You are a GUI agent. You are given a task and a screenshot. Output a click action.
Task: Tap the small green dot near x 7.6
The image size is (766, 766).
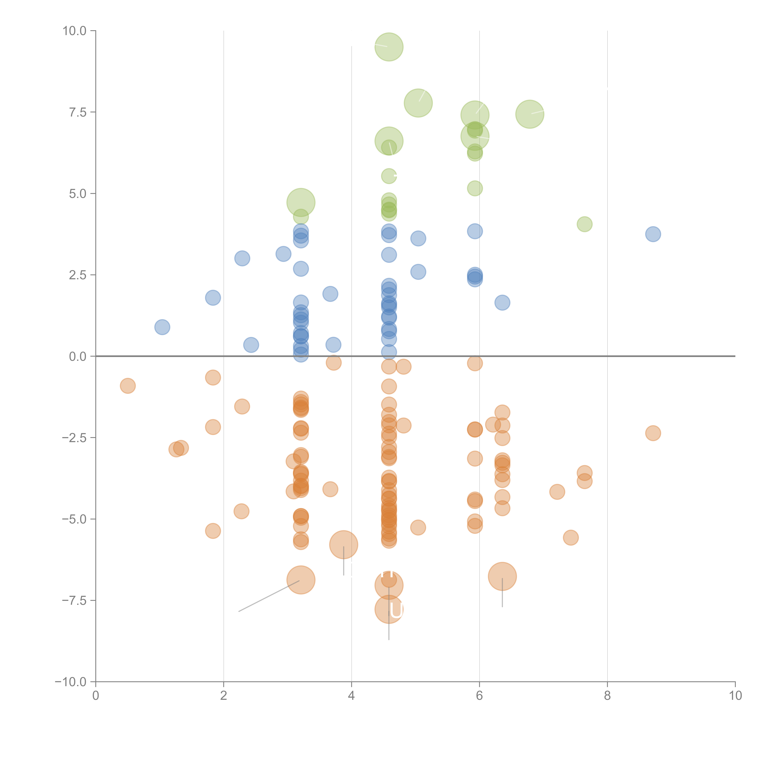tap(584, 224)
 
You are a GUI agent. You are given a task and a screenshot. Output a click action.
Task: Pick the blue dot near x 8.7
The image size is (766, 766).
tap(653, 234)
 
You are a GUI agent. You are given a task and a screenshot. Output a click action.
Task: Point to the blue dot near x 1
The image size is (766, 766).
tap(162, 327)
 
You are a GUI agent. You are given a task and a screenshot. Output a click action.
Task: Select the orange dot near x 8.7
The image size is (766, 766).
tap(653, 433)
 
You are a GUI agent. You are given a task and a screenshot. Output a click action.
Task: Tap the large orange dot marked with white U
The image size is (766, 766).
tap(389, 609)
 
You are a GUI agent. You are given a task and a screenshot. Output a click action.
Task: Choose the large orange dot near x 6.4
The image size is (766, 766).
tap(502, 576)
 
